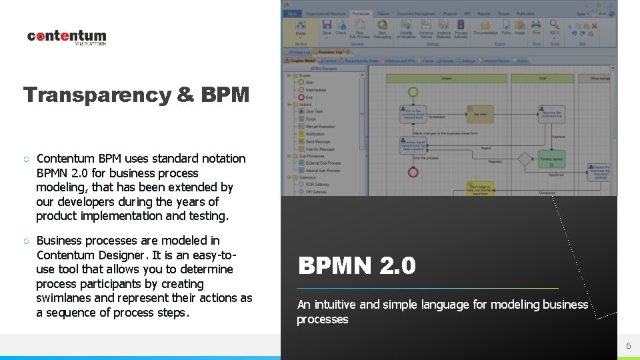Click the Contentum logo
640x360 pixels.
pyautogui.click(x=67, y=37)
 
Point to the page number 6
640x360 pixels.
pyautogui.click(x=627, y=345)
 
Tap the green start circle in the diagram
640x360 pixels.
pyautogui.click(x=413, y=92)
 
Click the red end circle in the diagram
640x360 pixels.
pyautogui.click(x=413, y=173)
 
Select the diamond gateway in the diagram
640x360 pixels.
pyautogui.click(x=526, y=159)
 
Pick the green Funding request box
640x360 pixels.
pyautogui.click(x=552, y=159)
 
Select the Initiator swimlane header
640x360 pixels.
pyautogui.click(x=446, y=79)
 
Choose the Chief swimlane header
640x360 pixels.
pyautogui.click(x=543, y=79)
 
